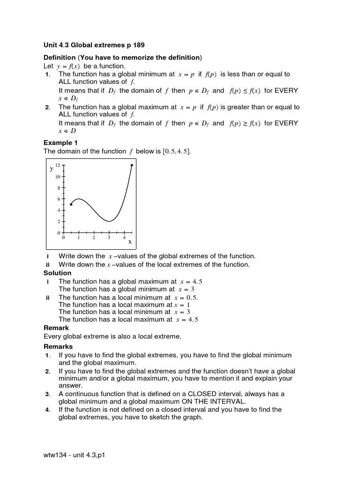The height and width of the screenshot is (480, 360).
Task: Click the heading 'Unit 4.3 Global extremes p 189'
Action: pos(94,45)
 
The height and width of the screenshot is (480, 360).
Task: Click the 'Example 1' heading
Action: pos(60,142)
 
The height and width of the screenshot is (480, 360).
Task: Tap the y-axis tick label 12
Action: pos(58,165)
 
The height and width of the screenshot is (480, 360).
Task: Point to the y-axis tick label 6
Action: pos(59,199)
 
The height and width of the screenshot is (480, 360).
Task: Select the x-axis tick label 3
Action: pos(109,238)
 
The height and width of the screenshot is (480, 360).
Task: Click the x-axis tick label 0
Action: pos(64,238)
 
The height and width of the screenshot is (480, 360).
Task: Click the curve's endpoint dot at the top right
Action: pos(132,165)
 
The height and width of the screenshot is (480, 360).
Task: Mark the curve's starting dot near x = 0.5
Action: pos(71,204)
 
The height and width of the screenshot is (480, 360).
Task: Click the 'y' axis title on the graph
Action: pos(52,168)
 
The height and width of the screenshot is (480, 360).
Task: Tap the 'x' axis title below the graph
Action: pos(130,241)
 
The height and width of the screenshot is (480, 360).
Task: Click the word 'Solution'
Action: pos(58,273)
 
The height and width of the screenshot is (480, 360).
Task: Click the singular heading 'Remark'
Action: pos(56,328)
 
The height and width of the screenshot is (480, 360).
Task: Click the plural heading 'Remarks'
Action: pos(58,346)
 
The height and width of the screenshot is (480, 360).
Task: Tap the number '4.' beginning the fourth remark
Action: pos(47,410)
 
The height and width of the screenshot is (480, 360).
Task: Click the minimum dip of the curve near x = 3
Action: pos(109,221)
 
